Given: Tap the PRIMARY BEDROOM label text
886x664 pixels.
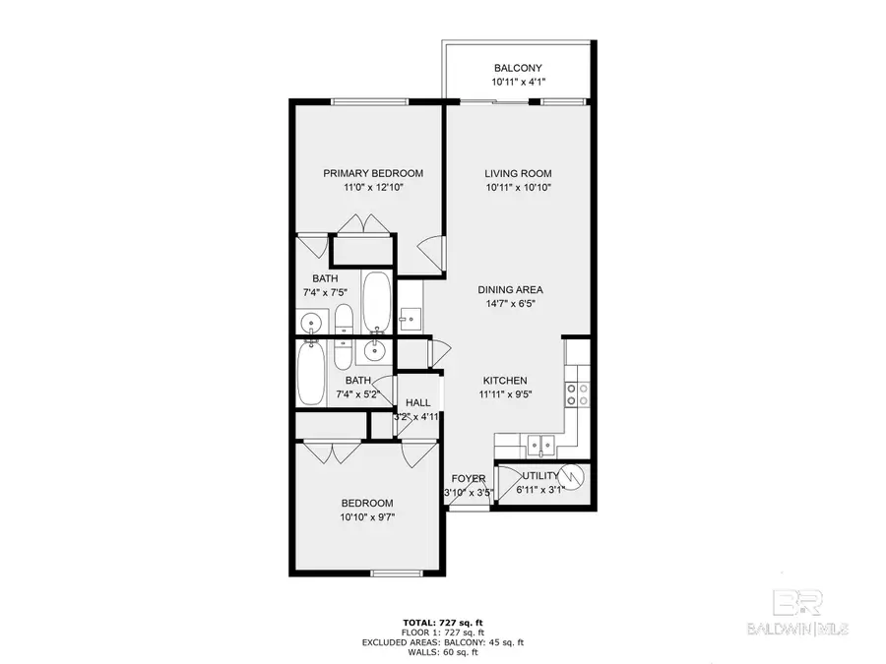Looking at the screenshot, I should point(373,173).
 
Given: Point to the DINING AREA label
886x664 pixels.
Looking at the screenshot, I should point(511,289).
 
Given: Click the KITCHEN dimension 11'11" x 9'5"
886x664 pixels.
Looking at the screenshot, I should point(505,394).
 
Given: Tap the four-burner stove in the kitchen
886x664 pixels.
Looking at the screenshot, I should point(577,393).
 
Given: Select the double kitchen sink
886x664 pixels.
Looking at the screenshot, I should point(538,446).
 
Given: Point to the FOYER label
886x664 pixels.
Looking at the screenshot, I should point(469,478).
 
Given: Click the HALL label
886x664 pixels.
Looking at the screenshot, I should point(417,402).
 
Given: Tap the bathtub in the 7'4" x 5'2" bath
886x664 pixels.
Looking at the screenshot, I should point(311,374).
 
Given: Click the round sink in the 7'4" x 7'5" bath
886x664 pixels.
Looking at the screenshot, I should point(312,322).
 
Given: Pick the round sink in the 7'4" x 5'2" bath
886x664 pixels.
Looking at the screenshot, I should point(374,348).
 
